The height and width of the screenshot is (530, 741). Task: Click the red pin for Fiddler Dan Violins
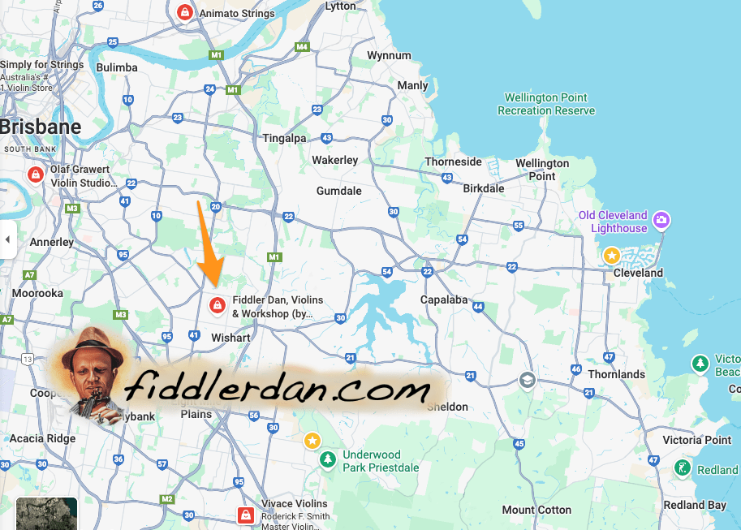tap(218, 305)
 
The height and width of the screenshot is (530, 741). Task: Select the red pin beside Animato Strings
tap(185, 12)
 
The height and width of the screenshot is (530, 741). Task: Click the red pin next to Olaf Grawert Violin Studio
tap(35, 175)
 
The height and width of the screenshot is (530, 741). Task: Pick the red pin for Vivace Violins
tap(245, 515)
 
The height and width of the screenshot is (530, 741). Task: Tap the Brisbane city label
tap(41, 127)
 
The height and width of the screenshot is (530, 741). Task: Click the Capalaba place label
tap(444, 299)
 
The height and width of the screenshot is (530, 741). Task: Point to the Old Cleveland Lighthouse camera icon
tap(662, 220)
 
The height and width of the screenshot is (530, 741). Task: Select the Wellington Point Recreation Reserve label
tap(546, 104)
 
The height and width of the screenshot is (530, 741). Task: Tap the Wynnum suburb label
tap(390, 56)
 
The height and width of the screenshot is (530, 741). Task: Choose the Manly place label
tap(412, 85)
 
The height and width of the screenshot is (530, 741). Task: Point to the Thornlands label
tap(616, 374)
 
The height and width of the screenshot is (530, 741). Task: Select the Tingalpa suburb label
tap(284, 138)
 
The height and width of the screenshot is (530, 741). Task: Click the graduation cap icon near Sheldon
tap(527, 380)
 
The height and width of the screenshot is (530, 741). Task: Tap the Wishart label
tap(230, 337)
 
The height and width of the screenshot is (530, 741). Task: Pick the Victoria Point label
tap(696, 439)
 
